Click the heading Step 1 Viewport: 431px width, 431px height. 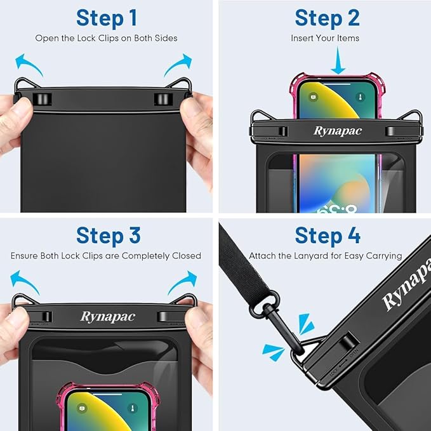(106, 18)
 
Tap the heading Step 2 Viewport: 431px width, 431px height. (327, 18)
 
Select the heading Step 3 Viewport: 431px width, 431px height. (108, 235)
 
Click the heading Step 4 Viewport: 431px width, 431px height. (328, 235)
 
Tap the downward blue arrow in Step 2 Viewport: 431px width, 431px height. (338, 62)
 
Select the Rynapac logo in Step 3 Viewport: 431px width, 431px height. (107, 316)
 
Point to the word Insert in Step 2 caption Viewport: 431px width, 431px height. (302, 38)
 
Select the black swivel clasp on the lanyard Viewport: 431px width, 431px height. (275, 308)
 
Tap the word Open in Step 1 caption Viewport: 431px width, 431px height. (46, 38)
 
